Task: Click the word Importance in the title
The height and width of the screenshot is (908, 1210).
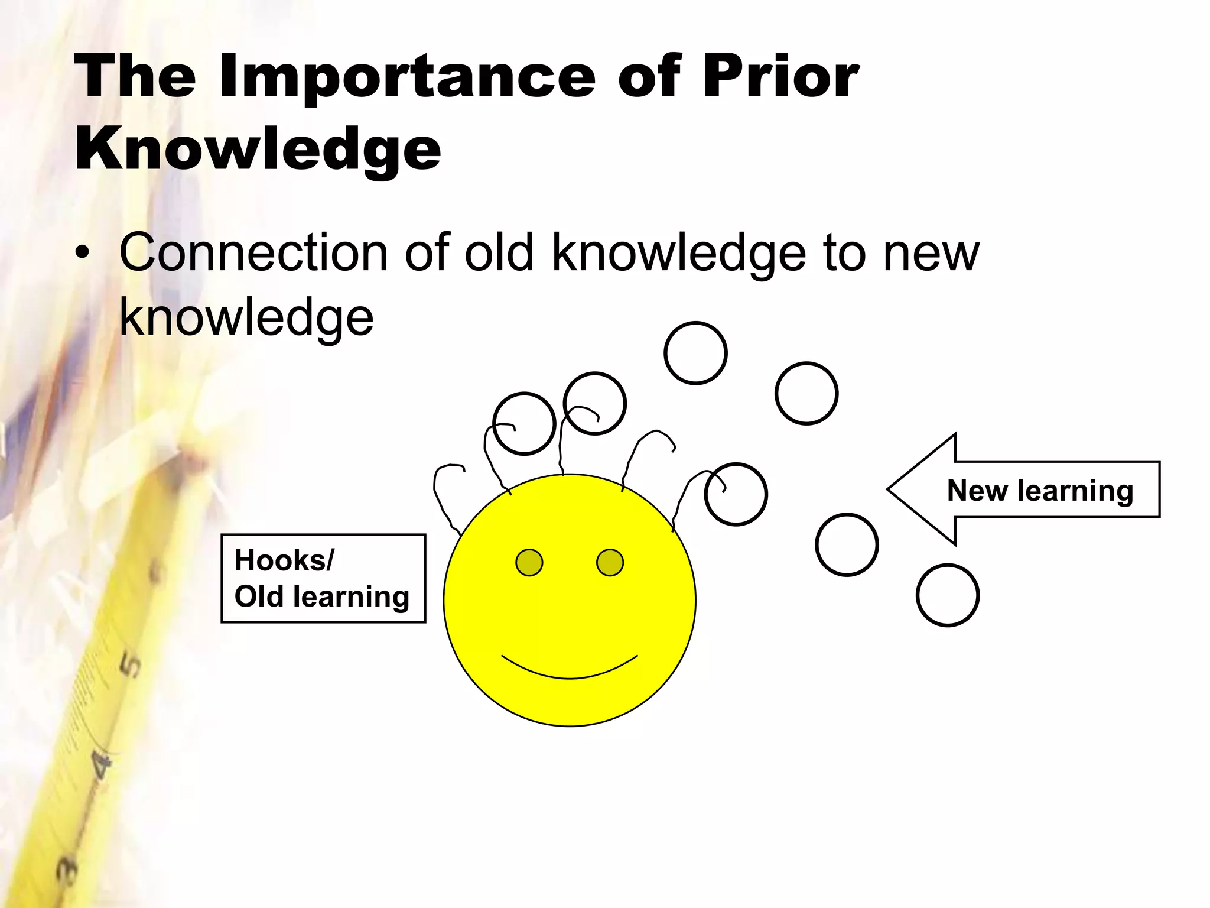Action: point(407,77)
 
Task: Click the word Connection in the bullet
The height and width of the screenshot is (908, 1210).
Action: point(253,253)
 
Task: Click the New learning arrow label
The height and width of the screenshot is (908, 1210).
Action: point(1040,491)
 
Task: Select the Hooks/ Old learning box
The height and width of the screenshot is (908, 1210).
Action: point(323,578)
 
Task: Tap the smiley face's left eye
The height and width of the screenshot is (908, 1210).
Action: point(529,562)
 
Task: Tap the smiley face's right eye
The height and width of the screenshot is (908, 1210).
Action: point(610,562)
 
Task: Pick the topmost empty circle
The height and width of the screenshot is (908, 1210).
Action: point(695,353)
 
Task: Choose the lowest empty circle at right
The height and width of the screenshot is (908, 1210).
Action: point(947,595)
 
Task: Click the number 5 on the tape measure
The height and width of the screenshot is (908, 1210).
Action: point(131,666)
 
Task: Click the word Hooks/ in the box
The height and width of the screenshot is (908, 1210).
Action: point(284,560)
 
